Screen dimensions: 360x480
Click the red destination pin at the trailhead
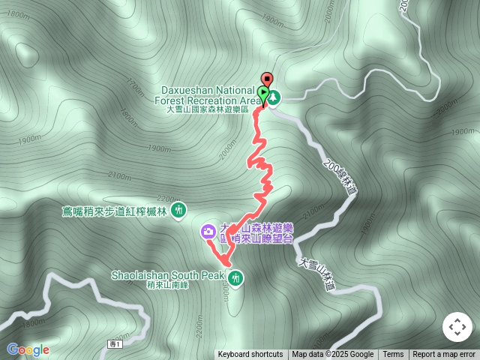point(266,79)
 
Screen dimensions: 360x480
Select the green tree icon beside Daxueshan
point(274,97)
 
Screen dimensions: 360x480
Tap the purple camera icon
point(208,232)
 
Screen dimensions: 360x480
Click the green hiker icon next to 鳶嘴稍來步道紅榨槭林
point(178,211)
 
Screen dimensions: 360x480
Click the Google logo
point(28,349)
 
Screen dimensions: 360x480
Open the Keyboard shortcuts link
point(250,355)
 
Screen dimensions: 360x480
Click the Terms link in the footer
point(393,355)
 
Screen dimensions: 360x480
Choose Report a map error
point(443,355)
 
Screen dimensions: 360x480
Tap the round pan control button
point(457,327)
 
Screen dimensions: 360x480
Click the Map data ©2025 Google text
point(333,355)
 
